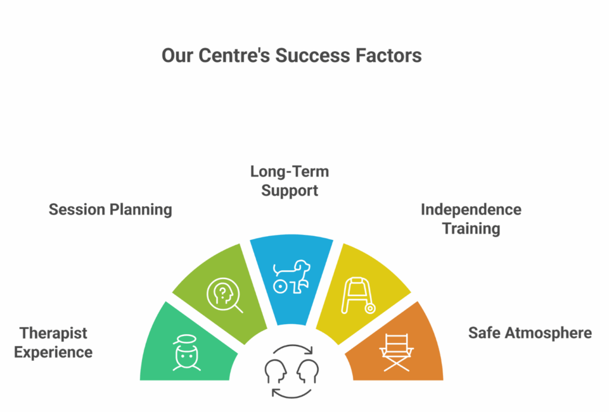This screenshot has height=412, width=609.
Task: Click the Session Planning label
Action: (110, 209)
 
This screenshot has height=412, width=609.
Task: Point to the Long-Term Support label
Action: (290, 181)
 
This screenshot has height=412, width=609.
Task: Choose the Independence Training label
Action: (471, 218)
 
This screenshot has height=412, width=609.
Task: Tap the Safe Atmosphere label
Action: (530, 332)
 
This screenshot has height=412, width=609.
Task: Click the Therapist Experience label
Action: (54, 342)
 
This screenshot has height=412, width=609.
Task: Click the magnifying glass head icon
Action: (224, 294)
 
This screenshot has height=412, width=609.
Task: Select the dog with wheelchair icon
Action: (291, 276)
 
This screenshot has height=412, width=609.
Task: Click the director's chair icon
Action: (397, 352)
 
